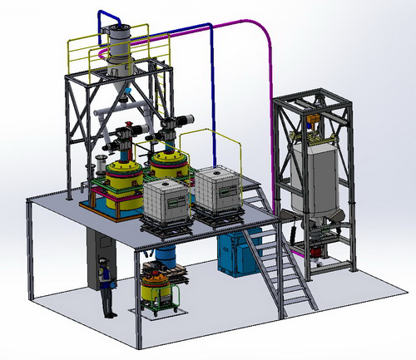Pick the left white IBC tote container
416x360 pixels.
coord(167,200)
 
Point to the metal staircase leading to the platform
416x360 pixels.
coord(283,266)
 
